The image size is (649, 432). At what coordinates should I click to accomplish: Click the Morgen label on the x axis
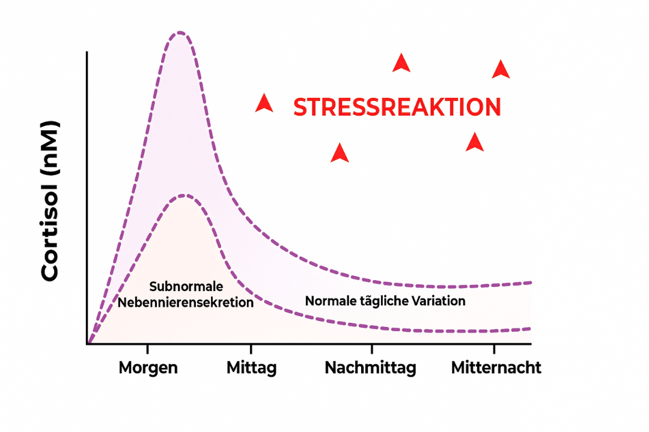148,367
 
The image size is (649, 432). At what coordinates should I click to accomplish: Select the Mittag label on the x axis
251,367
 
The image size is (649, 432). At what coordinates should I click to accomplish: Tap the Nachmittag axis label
370,367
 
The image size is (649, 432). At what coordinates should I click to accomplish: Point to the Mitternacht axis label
496,367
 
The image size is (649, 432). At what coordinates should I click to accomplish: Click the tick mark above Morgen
147,349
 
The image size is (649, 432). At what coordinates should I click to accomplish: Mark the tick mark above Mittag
251,349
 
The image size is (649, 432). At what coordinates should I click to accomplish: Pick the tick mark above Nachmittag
371,349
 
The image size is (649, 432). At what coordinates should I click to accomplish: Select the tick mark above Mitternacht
494,349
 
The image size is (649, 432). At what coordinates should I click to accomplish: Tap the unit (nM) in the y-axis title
50,149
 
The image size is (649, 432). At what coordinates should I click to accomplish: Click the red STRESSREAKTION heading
397,107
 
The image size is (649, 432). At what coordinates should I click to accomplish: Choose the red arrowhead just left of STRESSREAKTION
264,104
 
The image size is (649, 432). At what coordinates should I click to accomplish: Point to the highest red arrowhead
401,63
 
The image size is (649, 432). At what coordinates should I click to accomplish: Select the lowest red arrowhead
340,153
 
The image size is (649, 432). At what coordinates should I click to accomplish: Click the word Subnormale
186,286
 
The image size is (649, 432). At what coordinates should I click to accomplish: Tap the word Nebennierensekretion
186,302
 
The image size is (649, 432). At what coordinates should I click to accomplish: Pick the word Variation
437,301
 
